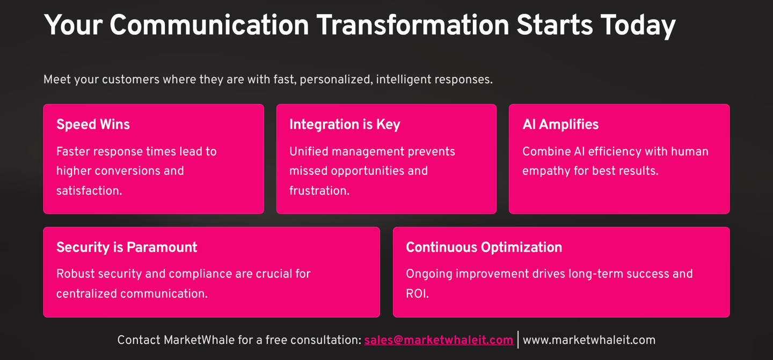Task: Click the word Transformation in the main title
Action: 413,25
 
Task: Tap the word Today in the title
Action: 638,26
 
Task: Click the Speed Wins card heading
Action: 93,124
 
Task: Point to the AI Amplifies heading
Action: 560,124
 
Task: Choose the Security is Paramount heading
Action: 127,247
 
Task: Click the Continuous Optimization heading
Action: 484,247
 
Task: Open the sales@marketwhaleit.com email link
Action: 439,340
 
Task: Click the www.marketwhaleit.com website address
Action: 589,340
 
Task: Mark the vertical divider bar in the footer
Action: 518,340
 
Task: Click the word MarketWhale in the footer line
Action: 199,340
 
